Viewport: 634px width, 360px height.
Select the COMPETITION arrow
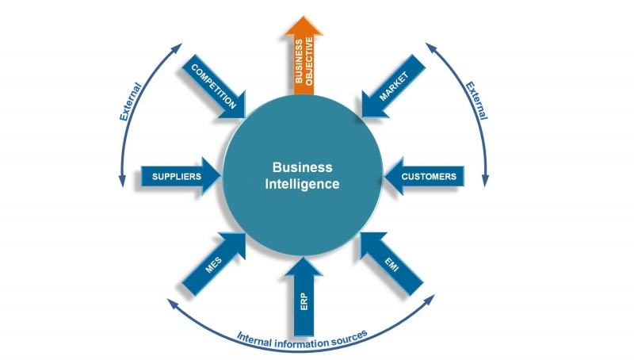click(x=212, y=87)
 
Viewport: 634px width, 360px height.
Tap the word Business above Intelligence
click(x=302, y=167)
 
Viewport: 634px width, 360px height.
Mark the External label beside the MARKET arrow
click(x=475, y=99)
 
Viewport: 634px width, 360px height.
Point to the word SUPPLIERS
click(x=176, y=176)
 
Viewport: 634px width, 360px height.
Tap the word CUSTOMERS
click(x=429, y=176)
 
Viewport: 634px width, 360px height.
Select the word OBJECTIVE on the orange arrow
click(x=312, y=61)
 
